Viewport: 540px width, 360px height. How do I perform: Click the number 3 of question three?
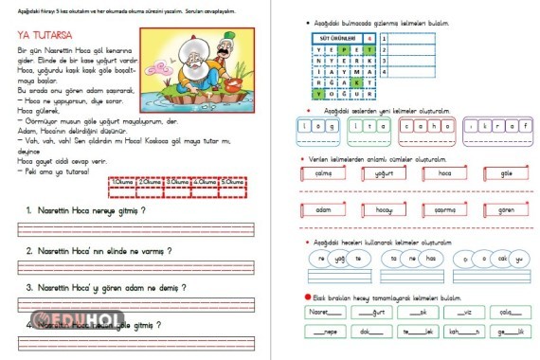29,286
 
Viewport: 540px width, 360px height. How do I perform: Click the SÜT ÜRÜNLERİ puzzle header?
337,39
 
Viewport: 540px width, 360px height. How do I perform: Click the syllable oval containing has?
430,258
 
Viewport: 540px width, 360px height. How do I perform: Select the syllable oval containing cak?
503,258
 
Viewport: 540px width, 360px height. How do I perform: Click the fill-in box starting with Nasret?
320,312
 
